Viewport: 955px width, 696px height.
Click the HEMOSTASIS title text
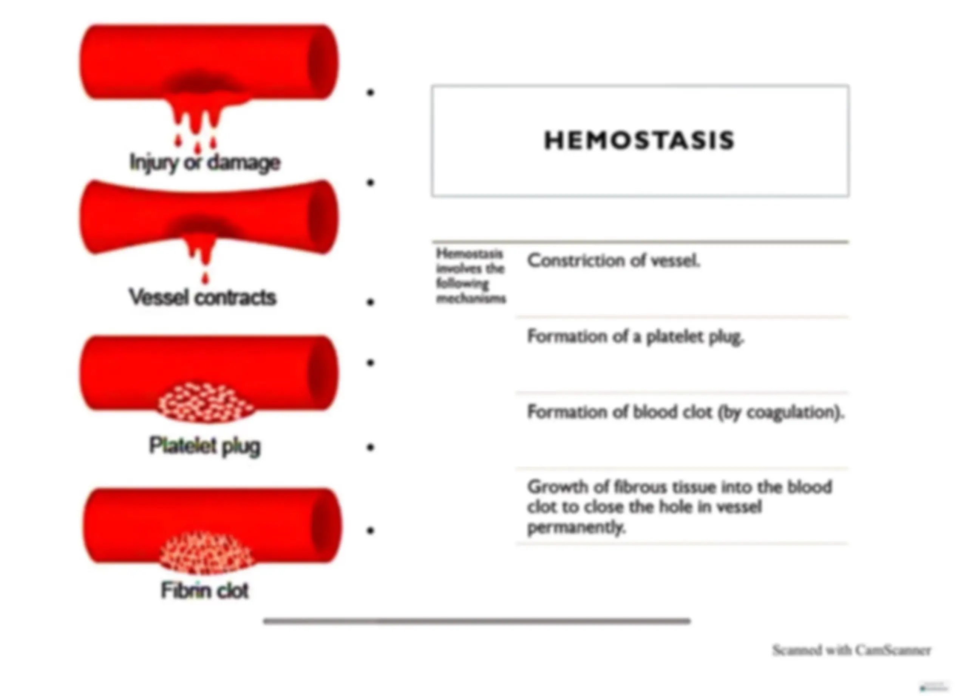(x=639, y=140)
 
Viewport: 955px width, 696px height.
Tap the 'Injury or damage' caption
(x=205, y=163)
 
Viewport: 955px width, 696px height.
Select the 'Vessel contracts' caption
(x=202, y=297)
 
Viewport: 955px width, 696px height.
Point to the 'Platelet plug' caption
(x=205, y=446)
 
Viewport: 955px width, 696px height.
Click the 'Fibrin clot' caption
(x=205, y=590)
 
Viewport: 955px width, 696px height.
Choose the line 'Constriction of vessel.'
(x=614, y=261)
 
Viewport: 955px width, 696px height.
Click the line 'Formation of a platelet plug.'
(x=636, y=337)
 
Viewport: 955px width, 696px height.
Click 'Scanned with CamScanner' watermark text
(x=851, y=650)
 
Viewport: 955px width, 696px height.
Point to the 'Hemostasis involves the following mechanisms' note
(x=471, y=276)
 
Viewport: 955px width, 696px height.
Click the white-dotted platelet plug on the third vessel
(x=206, y=402)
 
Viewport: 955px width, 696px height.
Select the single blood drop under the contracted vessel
(x=205, y=277)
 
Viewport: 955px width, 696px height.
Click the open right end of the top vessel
(x=322, y=62)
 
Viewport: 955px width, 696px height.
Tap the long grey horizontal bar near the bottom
(x=477, y=621)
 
